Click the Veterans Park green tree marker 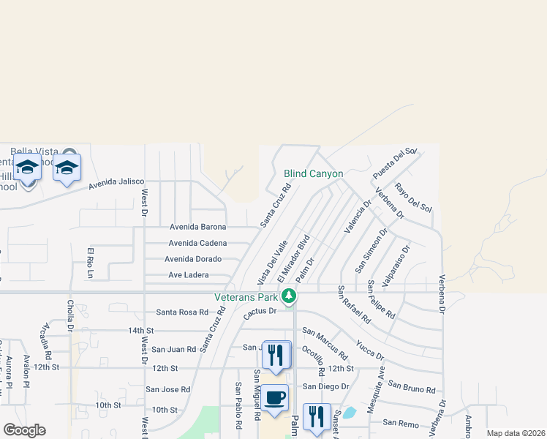(x=290, y=296)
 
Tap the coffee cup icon (x=275, y=398)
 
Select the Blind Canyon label (x=313, y=174)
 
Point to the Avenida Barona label (x=198, y=227)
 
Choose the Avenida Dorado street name (x=193, y=259)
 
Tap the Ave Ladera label (x=189, y=275)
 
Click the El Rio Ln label (x=91, y=263)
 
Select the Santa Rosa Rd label (x=183, y=312)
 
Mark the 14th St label (x=140, y=331)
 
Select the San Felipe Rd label (x=381, y=299)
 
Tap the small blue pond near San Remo (x=350, y=412)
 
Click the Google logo (x=24, y=430)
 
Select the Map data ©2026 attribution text (x=516, y=433)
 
